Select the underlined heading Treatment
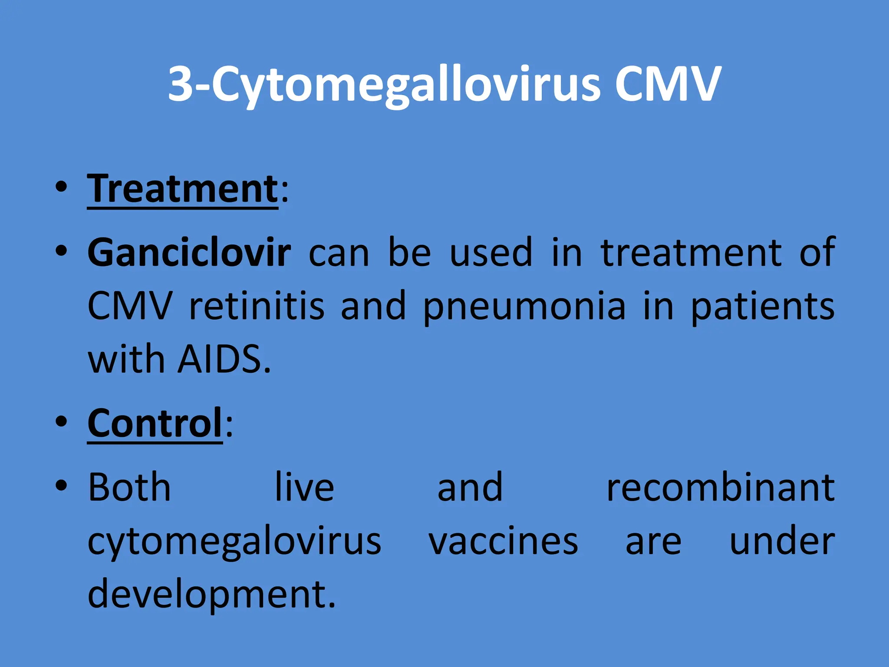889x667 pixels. pyautogui.click(x=182, y=189)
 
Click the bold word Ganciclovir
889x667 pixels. pyautogui.click(x=189, y=253)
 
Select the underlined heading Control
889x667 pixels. pyautogui.click(x=155, y=423)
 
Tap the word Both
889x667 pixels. pyautogui.click(x=129, y=487)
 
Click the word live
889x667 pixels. pyautogui.click(x=305, y=487)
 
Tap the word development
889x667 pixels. pyautogui.click(x=211, y=595)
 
